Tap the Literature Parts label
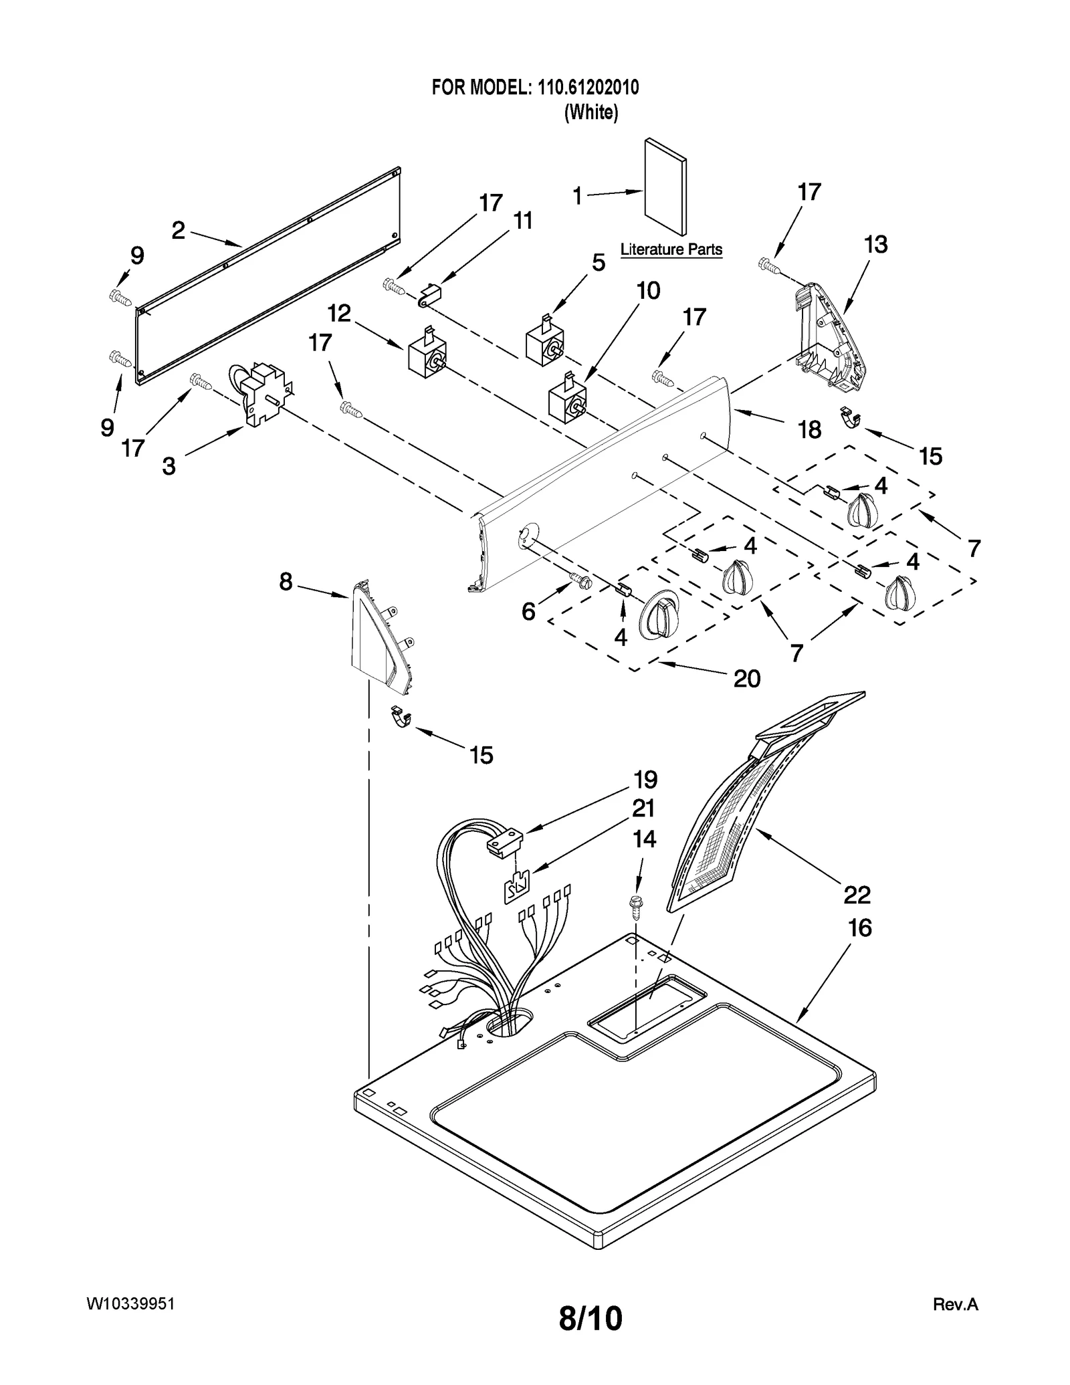pyautogui.click(x=671, y=249)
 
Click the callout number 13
pyautogui.click(x=875, y=245)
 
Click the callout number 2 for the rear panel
pyautogui.click(x=178, y=231)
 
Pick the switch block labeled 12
pyautogui.click(x=427, y=355)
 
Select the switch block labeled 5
pyautogui.click(x=546, y=342)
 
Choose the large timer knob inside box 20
pyautogui.click(x=659, y=614)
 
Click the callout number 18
pyautogui.click(x=809, y=430)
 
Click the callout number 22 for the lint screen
pyautogui.click(x=857, y=894)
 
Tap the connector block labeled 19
pyautogui.click(x=503, y=843)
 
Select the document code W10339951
pyautogui.click(x=131, y=1304)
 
